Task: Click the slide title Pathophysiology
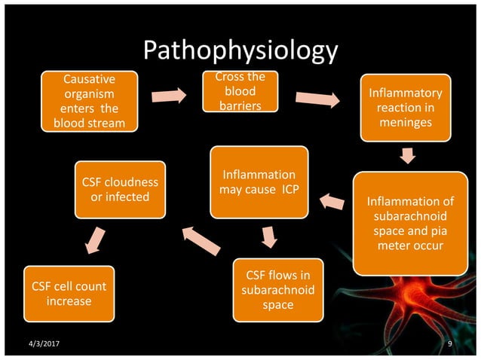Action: coord(240,52)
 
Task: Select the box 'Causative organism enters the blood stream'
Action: coord(90,101)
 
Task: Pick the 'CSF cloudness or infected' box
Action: coord(120,190)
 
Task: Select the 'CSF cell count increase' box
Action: coord(69,294)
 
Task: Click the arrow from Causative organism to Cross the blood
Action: coord(169,96)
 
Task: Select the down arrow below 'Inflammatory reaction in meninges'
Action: coord(408,155)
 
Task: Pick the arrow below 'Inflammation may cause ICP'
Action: coord(269,237)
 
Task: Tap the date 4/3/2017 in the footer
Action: coord(43,344)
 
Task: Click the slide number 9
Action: coord(449,344)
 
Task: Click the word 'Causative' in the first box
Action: coord(90,79)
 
